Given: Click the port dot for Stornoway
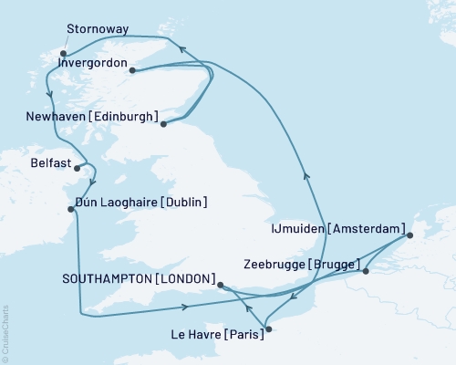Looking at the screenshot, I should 63,54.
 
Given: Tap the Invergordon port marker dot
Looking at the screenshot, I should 133,70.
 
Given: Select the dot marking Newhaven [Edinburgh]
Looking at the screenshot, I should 163,123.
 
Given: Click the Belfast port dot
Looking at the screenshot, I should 78,167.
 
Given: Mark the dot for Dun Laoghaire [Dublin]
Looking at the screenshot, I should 71,209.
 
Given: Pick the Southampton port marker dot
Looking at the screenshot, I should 221,285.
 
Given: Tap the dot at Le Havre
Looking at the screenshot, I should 267,328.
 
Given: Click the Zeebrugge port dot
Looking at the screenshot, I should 364,271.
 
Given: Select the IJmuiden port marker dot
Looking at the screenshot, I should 409,236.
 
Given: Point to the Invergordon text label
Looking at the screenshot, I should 91,65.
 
